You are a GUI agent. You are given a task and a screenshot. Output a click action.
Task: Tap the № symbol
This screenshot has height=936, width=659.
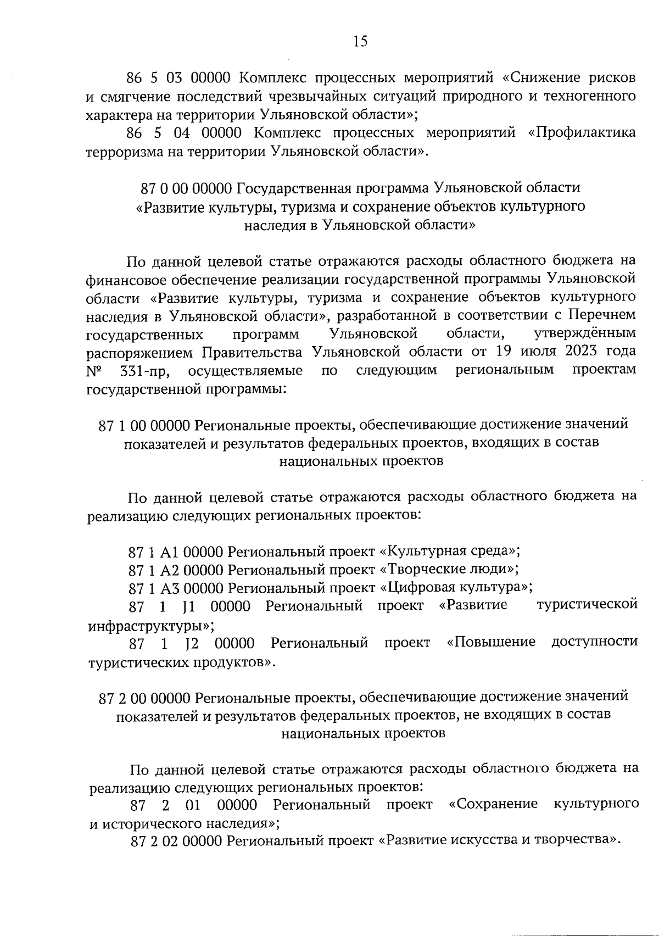(94, 371)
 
